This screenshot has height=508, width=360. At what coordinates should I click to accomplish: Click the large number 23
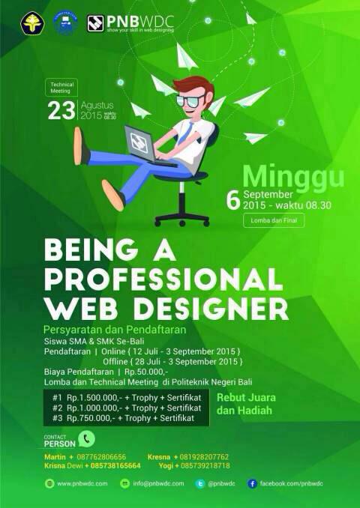(x=61, y=110)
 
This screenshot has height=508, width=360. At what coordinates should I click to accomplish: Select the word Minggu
(x=293, y=176)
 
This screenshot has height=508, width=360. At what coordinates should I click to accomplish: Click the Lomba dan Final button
(x=273, y=220)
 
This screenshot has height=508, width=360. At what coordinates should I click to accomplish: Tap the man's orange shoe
(x=112, y=194)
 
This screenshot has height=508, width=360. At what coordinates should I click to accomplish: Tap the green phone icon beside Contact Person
(x=87, y=439)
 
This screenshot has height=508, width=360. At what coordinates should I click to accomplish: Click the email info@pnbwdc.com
(x=158, y=484)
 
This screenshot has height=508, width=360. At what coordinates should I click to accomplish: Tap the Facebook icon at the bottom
(x=253, y=484)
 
